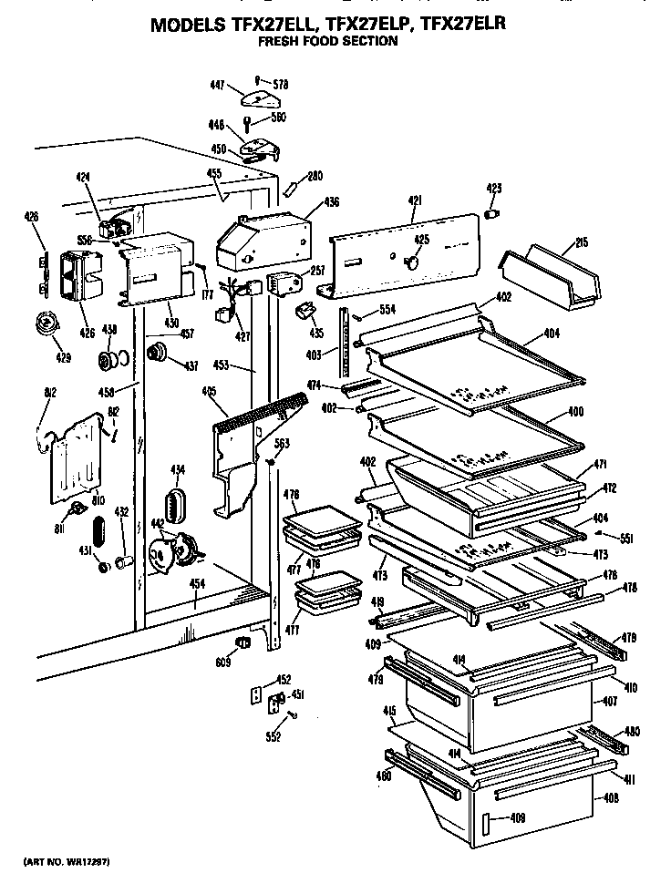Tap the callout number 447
217,85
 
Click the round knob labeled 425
412,262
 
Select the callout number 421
415,200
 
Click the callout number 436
332,202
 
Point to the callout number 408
611,798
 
